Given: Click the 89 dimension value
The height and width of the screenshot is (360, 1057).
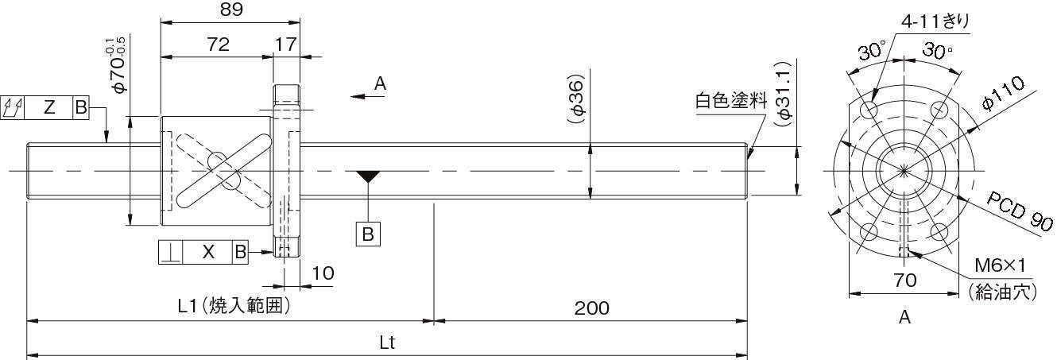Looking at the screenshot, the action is tap(231, 10).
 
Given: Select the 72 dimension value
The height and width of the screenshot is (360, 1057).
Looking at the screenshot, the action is tap(218, 45).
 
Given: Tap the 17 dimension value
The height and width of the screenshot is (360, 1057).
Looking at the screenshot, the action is tap(285, 45).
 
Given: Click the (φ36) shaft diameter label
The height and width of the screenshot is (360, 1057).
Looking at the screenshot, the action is tap(577, 99).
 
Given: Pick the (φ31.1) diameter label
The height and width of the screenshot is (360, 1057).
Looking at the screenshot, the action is tap(784, 95).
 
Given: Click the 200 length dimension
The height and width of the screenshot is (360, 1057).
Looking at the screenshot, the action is tap(592, 308).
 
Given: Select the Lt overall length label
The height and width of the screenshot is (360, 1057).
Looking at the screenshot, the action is tap(387, 343).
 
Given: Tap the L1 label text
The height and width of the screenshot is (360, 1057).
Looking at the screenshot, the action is tap(186, 306).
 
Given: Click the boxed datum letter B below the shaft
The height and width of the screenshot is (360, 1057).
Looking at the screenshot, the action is tap(368, 234).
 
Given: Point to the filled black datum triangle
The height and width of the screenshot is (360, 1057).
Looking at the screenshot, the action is tap(368, 176).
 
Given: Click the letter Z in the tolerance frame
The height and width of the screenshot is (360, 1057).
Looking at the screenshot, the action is tap(49, 107).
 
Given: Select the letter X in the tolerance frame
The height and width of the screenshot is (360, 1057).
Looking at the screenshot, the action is tap(208, 252).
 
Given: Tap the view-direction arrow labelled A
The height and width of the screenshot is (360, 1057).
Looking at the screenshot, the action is tap(368, 97).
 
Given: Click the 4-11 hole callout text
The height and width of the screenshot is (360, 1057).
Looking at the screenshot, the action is tap(935, 21).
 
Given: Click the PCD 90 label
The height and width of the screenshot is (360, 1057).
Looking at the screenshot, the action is tap(1019, 211).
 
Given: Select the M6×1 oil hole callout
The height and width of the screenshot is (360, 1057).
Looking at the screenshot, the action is tap(1001, 265).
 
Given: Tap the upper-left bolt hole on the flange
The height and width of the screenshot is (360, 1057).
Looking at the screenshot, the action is tap(869, 110).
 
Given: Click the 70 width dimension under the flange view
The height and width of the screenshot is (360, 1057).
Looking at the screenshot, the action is tap(904, 281).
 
